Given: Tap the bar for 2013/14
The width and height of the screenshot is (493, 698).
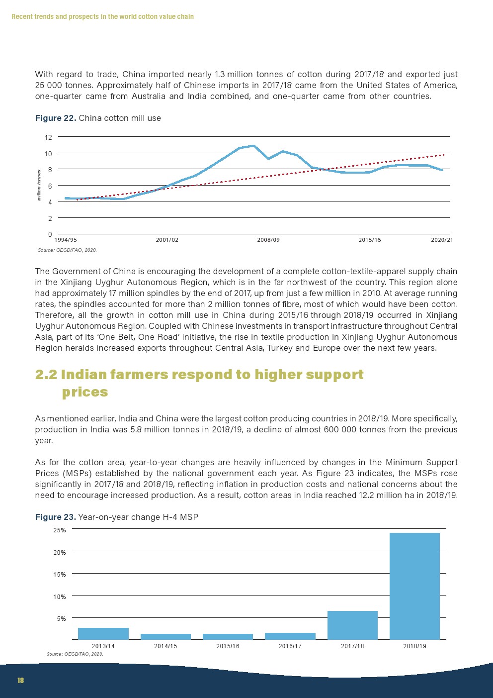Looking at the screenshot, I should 103,633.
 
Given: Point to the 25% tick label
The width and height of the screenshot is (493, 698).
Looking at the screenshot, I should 60,530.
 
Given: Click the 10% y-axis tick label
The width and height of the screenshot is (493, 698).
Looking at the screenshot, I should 60,597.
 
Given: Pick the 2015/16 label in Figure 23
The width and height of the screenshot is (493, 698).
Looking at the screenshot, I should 228,646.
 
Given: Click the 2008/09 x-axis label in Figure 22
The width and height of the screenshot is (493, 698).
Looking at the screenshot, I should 268,240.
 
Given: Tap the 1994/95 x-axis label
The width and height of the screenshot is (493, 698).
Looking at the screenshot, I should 66,240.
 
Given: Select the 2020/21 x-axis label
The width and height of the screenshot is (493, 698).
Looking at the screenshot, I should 442,240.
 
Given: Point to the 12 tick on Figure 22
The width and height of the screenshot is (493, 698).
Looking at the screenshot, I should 48,137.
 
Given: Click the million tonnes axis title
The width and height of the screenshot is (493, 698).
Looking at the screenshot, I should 39,185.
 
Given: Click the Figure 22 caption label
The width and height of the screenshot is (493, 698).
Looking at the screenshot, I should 56,118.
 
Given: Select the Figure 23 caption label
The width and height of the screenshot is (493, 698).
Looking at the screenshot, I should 56,517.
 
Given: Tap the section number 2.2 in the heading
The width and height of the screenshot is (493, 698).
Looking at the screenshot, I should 46,374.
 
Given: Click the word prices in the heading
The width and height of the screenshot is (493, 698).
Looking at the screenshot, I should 85,392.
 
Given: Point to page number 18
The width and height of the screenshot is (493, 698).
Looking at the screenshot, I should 20,680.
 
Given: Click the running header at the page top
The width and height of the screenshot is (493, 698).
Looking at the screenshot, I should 102,16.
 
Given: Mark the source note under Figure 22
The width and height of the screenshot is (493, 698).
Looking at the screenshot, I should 67,250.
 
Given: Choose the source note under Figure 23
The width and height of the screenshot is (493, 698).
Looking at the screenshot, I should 75,654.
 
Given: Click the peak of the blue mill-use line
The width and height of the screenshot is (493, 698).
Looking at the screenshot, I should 254,146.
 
